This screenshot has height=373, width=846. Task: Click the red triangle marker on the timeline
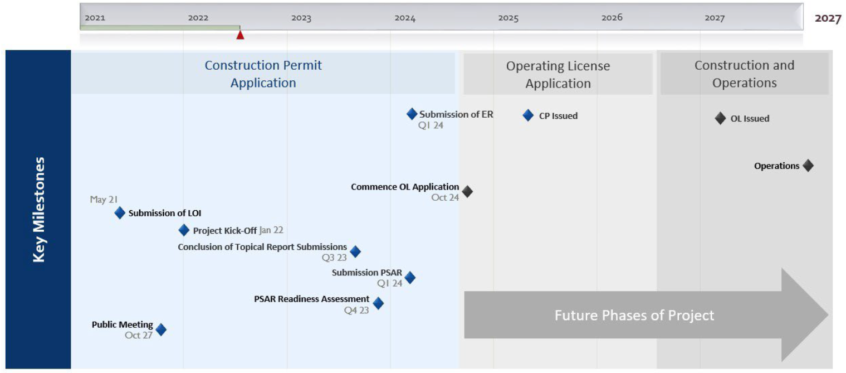point(240,35)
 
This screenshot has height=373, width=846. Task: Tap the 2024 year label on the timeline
point(405,18)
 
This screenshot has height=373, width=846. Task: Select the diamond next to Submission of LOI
point(120,213)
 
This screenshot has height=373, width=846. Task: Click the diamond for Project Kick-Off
point(184,230)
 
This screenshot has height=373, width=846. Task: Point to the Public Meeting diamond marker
point(161,330)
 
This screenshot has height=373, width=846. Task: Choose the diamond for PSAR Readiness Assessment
point(378,303)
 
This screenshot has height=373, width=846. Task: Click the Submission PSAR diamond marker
point(410,278)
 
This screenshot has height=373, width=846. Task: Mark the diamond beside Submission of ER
point(412,114)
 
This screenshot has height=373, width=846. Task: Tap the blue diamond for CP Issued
point(528,115)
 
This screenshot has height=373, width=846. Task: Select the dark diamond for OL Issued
point(720,118)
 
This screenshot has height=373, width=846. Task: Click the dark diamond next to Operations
point(808,166)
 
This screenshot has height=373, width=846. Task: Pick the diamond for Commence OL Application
point(467,192)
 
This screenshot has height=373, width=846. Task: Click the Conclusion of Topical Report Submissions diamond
point(355,251)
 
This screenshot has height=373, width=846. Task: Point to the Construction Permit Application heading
point(263,74)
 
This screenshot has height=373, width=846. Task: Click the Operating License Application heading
point(558,75)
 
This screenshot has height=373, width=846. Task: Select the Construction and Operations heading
point(745,74)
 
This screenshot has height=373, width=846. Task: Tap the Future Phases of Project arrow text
point(634,315)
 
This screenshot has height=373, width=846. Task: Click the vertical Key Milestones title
point(39,210)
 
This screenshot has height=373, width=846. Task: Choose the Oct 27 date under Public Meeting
point(139,335)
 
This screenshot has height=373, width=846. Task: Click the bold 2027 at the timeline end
point(828,18)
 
